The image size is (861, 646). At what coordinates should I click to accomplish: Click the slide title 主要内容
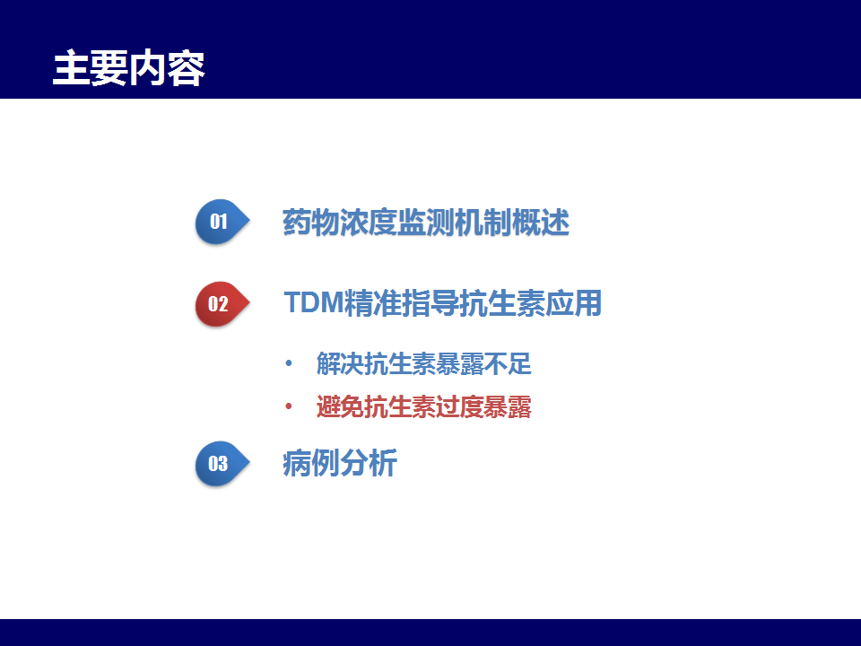pos(128,68)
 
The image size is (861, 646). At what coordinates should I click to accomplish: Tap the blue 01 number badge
pos(222,222)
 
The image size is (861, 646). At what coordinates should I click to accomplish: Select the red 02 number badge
pos(222,304)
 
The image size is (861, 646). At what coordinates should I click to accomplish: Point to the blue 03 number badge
pos(222,464)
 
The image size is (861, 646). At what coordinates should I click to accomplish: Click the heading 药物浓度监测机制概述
pos(426,223)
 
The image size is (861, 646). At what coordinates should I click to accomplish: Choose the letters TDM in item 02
pos(314,302)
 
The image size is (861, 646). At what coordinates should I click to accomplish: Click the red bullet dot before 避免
pos(288,407)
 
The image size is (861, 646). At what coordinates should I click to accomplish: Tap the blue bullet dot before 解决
pos(288,363)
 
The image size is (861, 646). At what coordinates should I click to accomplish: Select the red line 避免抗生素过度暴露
pos(424,407)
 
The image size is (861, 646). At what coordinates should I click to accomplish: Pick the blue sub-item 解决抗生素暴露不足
pos(424,363)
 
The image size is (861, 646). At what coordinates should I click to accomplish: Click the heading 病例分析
pos(340,463)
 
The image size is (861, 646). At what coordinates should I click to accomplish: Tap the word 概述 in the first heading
pos(541,223)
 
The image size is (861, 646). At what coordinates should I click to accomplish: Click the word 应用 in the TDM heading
pos(573,302)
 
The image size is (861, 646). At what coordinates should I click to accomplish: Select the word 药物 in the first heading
pos(311,223)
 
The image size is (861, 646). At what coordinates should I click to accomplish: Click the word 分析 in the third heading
pos(369,463)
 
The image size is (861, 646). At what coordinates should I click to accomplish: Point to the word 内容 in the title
pos(167,68)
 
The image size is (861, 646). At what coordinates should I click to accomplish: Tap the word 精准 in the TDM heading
pos(372,302)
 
